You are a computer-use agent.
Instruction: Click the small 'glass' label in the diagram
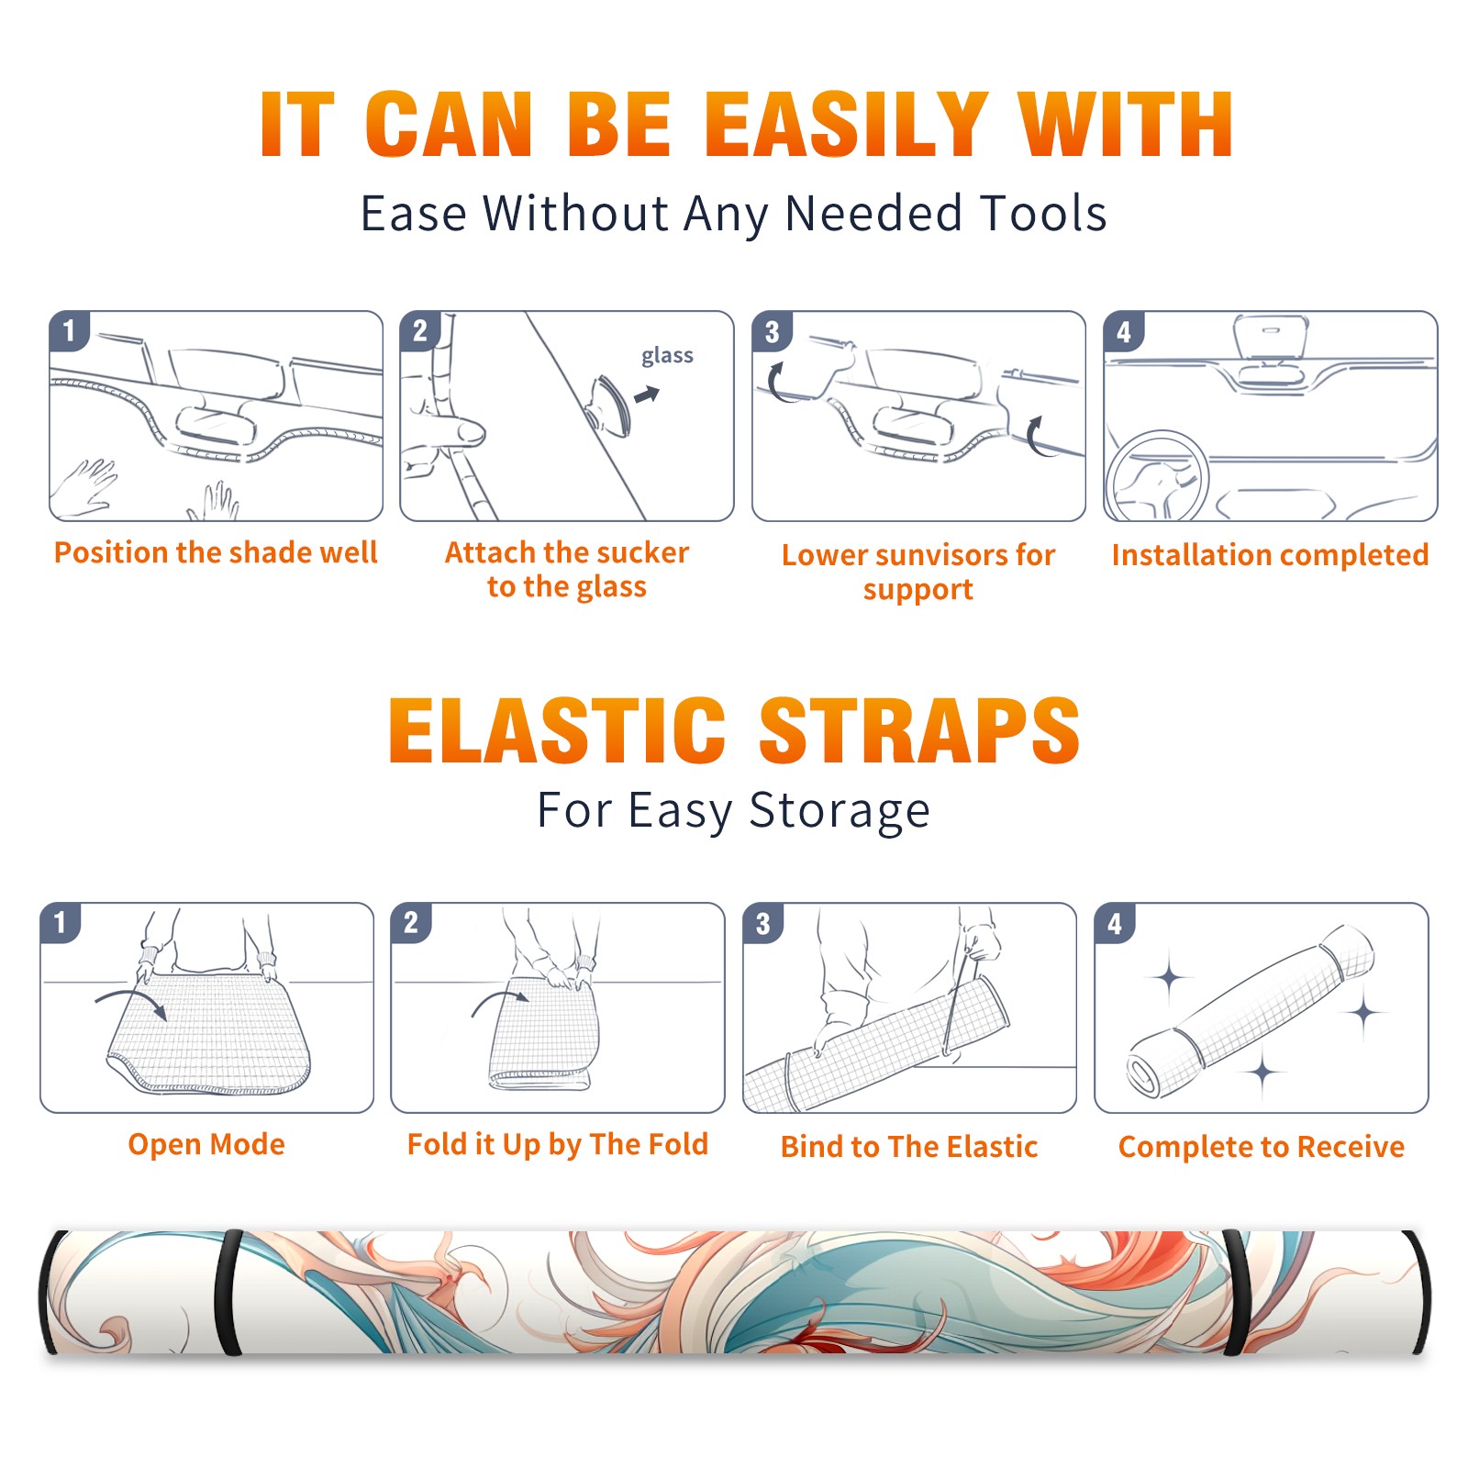[667, 356]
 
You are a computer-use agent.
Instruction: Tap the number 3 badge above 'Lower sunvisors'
[772, 332]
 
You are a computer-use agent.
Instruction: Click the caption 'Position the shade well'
[216, 552]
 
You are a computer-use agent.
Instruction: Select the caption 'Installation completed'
[1270, 555]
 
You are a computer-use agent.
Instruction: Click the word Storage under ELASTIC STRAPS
[840, 812]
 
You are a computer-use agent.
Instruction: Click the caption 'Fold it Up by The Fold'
[558, 1144]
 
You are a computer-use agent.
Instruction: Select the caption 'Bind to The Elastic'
[908, 1147]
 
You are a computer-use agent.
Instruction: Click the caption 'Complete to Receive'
[1262, 1147]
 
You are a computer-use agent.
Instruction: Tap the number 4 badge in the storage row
[1115, 924]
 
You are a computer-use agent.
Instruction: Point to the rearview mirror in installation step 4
[1270, 339]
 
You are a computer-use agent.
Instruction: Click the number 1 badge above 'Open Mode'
[61, 923]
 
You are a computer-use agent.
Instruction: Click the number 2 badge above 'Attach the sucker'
[420, 331]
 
